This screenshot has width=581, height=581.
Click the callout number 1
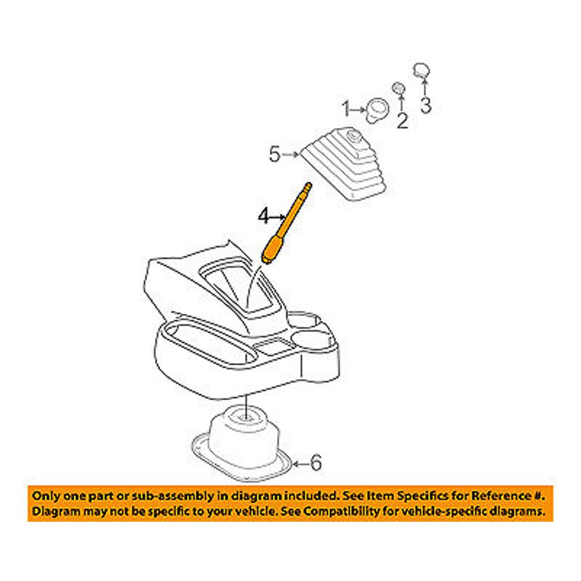pyautogui.click(x=346, y=108)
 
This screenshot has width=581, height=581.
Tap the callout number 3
pyautogui.click(x=425, y=106)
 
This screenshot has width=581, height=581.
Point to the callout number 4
pyautogui.click(x=264, y=217)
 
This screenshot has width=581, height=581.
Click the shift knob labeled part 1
pyautogui.click(x=376, y=110)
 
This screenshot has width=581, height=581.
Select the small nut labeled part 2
pyautogui.click(x=399, y=88)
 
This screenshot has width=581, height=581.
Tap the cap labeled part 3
pyautogui.click(x=422, y=71)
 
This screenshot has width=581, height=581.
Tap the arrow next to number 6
pyautogui.click(x=300, y=464)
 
